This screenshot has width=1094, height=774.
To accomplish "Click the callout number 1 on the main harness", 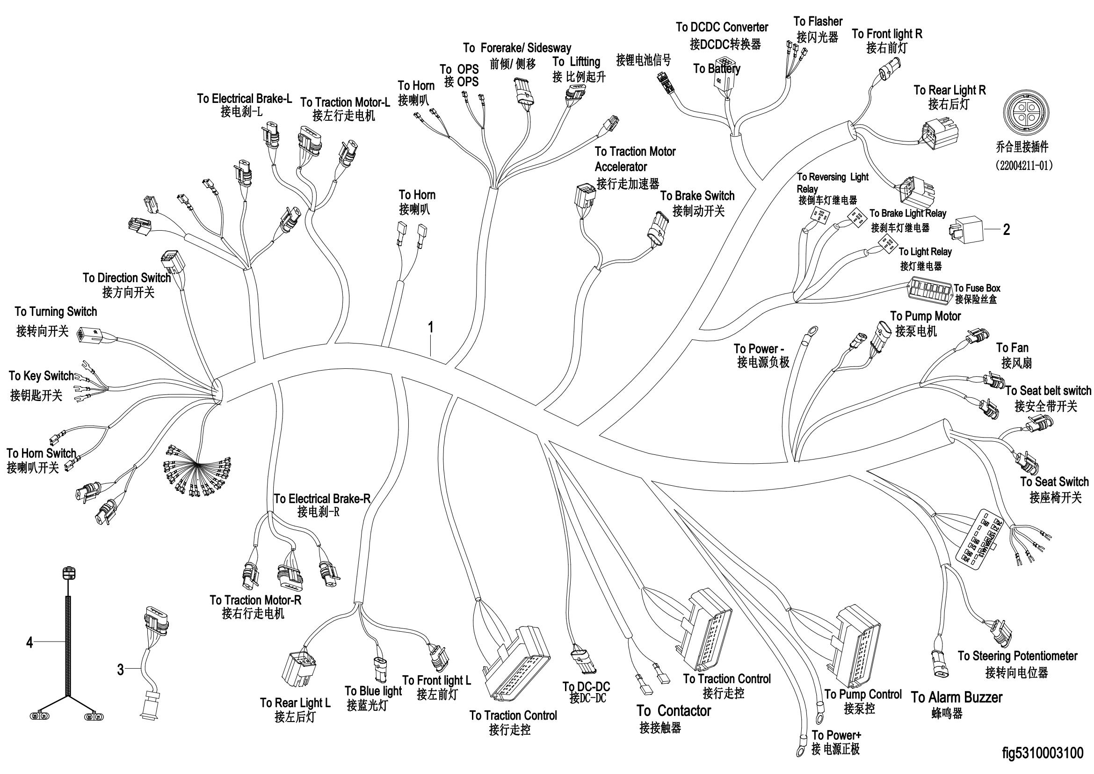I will pos(431,328).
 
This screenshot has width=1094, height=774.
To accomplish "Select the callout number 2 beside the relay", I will pos(1007,230).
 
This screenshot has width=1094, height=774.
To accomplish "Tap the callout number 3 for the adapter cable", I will pos(121,670).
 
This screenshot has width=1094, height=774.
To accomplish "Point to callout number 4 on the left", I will pos(29,643).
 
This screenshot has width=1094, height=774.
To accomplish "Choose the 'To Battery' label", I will pos(717,69).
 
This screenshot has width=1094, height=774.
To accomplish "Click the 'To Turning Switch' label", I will pos(56,312).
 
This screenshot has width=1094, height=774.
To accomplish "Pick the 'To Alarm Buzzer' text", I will pos(957,697).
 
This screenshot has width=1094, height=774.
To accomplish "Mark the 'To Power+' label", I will pos(836,735).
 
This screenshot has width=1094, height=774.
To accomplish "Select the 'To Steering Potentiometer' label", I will pos(1018,656).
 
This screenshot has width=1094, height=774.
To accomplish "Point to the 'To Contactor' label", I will pos(674,711).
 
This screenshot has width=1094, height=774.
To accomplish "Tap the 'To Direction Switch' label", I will pos(127,278).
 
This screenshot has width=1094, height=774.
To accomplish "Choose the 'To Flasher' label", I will pos(818,22).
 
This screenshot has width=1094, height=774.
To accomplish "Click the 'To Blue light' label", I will pos(373,691).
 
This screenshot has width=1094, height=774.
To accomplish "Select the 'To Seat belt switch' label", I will pos(1048,391).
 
